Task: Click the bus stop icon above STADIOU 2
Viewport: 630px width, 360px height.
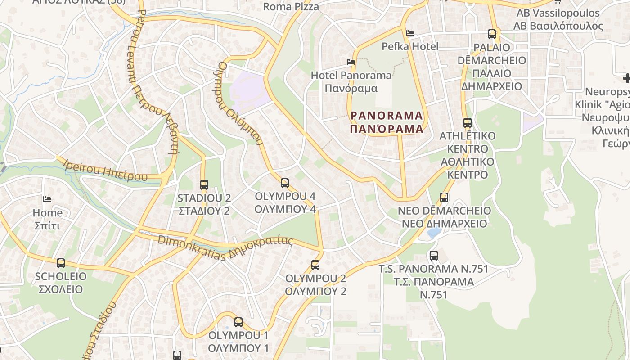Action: [x=204, y=184]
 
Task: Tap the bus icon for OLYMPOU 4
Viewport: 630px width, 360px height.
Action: [x=285, y=183]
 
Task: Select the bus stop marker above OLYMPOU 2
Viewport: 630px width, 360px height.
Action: [x=315, y=265]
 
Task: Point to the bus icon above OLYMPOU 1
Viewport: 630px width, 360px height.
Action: [x=238, y=322]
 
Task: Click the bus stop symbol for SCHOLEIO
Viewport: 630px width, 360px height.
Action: [x=61, y=263]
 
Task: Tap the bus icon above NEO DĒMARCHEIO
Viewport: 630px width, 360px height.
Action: [x=444, y=198]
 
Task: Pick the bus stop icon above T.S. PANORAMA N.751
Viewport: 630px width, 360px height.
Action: [x=434, y=256]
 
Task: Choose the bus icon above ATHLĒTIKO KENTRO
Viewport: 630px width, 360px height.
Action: [x=468, y=122]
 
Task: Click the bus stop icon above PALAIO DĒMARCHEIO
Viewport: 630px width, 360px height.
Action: [x=492, y=34]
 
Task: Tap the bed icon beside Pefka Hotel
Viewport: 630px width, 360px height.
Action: [x=409, y=33]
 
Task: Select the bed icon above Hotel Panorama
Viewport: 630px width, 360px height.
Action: [x=351, y=62]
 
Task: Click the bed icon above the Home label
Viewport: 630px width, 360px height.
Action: [x=47, y=199]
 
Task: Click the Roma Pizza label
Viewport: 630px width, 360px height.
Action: [x=291, y=7]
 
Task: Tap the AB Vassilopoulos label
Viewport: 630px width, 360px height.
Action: [x=558, y=13]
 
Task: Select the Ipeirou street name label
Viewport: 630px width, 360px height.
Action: [x=105, y=170]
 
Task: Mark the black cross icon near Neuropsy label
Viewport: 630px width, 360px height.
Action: [x=626, y=79]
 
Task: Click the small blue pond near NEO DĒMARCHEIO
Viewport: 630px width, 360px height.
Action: [x=434, y=233]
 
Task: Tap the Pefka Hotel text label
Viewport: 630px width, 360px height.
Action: [x=410, y=46]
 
